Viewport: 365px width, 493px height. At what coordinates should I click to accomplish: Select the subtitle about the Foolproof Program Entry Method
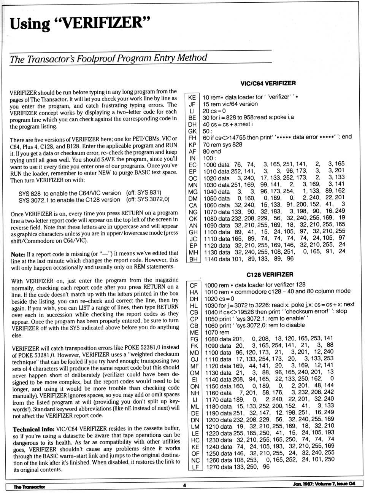pyautogui.click(x=108, y=59)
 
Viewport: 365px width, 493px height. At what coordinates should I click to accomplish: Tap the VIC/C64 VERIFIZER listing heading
pyautogui.click(x=268, y=83)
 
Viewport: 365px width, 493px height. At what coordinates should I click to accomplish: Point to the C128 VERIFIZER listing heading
pyautogui.click(x=270, y=274)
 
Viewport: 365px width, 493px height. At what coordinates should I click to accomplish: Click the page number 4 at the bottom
pyautogui.click(x=184, y=485)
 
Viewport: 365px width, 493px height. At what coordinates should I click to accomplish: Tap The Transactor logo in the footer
pyautogui.click(x=29, y=487)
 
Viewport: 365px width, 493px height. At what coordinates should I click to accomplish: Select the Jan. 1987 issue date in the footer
pyautogui.click(x=324, y=484)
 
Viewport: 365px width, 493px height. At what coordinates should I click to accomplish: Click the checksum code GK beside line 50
pyautogui.click(x=192, y=131)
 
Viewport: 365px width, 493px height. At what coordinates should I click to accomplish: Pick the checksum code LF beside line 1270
pyautogui.click(x=195, y=467)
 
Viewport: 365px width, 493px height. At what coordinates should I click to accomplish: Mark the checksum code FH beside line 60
pyautogui.click(x=192, y=138)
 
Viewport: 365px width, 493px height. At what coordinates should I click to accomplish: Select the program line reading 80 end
pyautogui.click(x=212, y=151)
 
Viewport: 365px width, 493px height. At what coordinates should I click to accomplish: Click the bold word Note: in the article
pyautogui.click(x=18, y=254)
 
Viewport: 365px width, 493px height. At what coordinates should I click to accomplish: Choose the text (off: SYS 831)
pyautogui.click(x=144, y=192)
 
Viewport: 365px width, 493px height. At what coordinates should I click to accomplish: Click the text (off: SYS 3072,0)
pyautogui.click(x=148, y=199)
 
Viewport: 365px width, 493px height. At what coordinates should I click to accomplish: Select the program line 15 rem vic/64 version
pyautogui.click(x=230, y=104)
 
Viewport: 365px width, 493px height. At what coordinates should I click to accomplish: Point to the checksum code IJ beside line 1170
pyautogui.click(x=195, y=400)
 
